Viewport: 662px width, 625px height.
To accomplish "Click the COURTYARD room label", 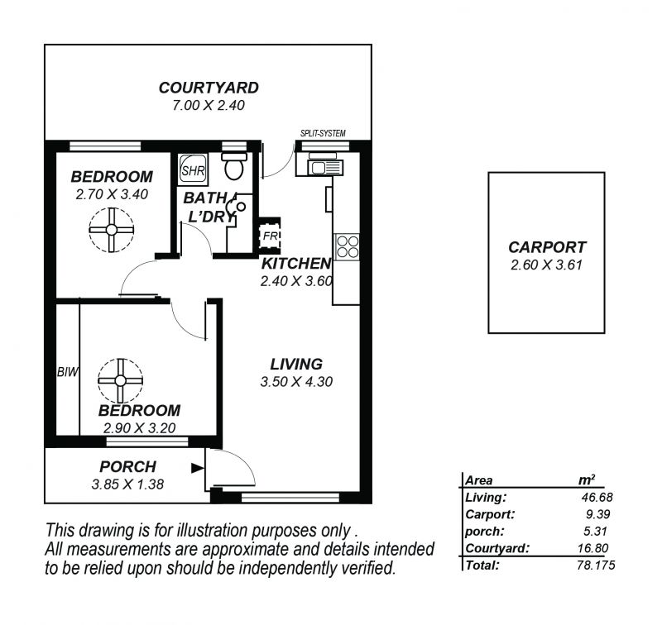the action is pos(209,88).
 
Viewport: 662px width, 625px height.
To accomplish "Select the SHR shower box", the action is pos(193,169).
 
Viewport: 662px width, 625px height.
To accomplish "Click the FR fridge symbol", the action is pos(270,236).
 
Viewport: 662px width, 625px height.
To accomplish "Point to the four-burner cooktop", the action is pos(347,246).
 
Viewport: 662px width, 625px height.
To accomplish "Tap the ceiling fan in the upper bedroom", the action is pos(112,230).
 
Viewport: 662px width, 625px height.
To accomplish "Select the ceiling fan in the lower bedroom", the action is pos(120,381).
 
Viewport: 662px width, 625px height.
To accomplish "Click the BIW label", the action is pos(68,372).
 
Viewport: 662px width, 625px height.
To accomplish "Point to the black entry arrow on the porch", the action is pos(198,468).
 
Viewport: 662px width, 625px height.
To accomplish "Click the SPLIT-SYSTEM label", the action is pos(323,133).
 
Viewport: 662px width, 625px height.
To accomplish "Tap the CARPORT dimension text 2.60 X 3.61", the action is pos(547,265).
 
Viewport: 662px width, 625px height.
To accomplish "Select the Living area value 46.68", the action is pos(597,498).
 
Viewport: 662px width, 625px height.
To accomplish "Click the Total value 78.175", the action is pos(596,565).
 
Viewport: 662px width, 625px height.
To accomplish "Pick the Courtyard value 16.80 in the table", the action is pos(593,548).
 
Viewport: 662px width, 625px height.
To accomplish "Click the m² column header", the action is pos(587,480).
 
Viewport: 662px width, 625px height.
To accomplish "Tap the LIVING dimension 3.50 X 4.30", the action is pos(296,382).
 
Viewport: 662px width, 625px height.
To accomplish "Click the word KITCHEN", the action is pos(296,264).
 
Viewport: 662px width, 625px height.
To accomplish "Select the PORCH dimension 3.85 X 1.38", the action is pos(127,484).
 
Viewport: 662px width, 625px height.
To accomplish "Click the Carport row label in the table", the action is pos(490,515).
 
